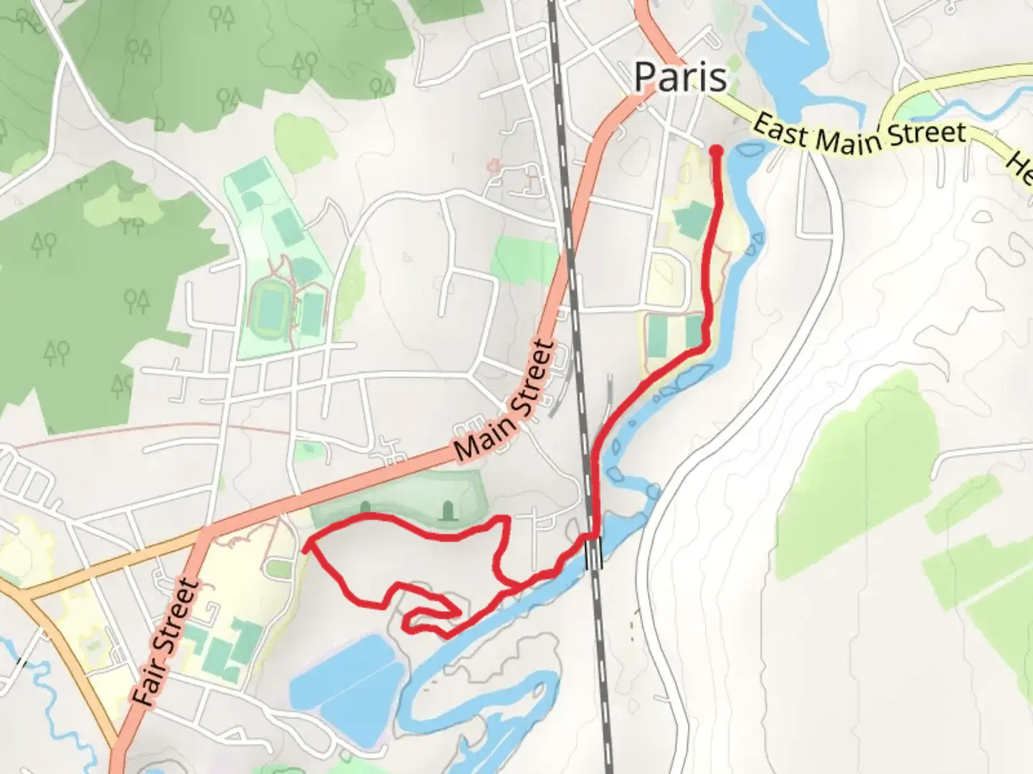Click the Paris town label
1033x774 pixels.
pyautogui.click(x=680, y=77)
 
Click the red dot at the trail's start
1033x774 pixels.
pyautogui.click(x=716, y=150)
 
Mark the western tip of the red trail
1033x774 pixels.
pyautogui.click(x=306, y=548)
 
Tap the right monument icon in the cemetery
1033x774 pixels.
pyautogui.click(x=449, y=510)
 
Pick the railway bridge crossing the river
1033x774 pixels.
pyautogui.click(x=595, y=552)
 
